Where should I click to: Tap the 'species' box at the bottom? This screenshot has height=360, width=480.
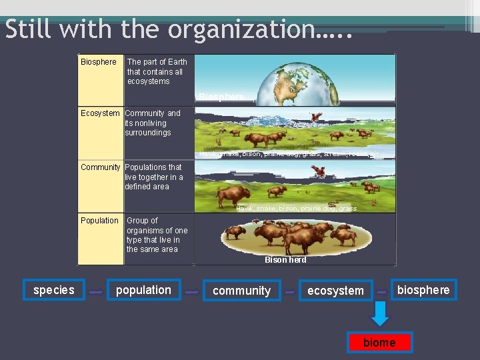[x=54, y=290]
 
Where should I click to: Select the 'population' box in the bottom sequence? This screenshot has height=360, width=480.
[x=143, y=290]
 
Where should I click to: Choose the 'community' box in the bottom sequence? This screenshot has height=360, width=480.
[x=241, y=291]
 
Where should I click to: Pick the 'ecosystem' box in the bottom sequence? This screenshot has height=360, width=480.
[x=335, y=291]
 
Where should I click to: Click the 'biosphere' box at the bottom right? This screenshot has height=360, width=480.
[x=423, y=289]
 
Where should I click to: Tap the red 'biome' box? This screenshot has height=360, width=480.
[x=379, y=343]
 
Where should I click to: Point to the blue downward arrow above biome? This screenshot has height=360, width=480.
[x=379, y=313]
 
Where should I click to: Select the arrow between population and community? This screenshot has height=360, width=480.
[x=192, y=292]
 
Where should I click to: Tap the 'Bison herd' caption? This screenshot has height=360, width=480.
[x=285, y=260]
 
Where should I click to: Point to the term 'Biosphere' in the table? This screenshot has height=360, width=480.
[x=98, y=62]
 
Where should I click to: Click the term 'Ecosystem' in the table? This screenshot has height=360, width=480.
[x=100, y=113]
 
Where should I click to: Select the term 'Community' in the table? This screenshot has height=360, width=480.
[x=100, y=167]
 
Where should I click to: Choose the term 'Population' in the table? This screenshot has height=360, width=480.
[x=99, y=221]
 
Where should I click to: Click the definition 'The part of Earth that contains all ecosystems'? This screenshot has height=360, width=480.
[x=157, y=71]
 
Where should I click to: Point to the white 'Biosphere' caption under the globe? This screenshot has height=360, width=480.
[x=221, y=97]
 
